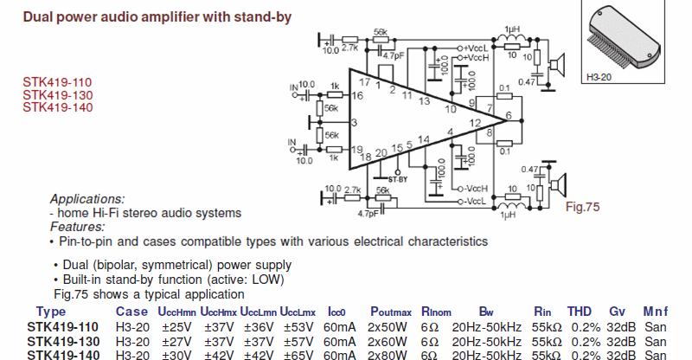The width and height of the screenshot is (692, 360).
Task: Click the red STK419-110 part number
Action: [57, 82]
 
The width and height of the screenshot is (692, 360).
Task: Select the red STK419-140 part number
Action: [57, 107]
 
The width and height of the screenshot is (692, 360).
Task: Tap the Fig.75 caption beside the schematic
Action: [581, 208]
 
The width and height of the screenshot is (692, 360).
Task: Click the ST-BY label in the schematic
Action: [397, 179]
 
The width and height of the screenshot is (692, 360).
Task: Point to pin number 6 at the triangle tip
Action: [509, 115]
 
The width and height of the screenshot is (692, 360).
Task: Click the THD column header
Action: [579, 312]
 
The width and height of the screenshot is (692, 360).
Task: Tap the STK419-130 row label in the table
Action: [61, 341]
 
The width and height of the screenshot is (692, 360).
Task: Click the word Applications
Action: [87, 198]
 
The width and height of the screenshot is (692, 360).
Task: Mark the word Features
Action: [78, 227]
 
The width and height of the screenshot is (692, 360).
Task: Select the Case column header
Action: [131, 312]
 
